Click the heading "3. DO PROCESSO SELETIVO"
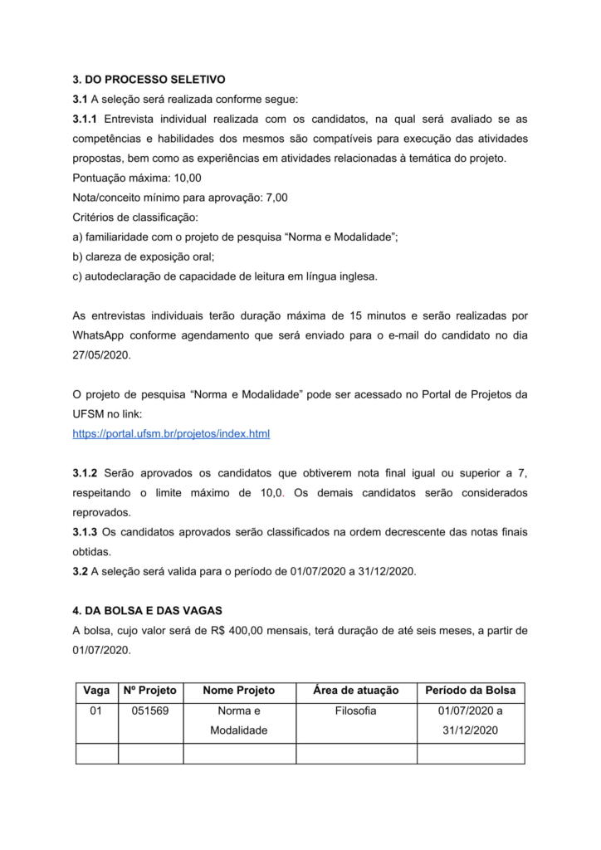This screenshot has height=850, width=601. click(x=149, y=80)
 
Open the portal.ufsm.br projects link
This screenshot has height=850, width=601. click(x=171, y=433)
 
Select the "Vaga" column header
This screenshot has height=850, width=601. click(x=97, y=690)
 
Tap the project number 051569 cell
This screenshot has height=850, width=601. click(x=150, y=711)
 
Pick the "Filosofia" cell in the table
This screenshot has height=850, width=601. click(x=356, y=711)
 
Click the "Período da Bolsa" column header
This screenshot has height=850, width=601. click(x=470, y=690)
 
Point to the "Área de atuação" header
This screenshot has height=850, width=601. click(x=356, y=690)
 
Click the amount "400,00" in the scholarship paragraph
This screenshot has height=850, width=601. click(x=245, y=630)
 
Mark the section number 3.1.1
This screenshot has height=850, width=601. click(x=85, y=119)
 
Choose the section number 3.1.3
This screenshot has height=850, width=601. click(x=85, y=531)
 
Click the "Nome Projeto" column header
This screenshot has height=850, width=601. click(x=239, y=690)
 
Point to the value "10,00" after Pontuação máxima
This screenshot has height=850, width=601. click(x=188, y=178)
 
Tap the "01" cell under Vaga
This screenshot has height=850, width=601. click(x=96, y=711)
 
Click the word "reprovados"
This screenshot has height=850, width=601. click(x=101, y=512)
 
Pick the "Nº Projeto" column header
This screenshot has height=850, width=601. click(x=150, y=690)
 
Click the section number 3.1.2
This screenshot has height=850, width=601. click(x=85, y=472)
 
